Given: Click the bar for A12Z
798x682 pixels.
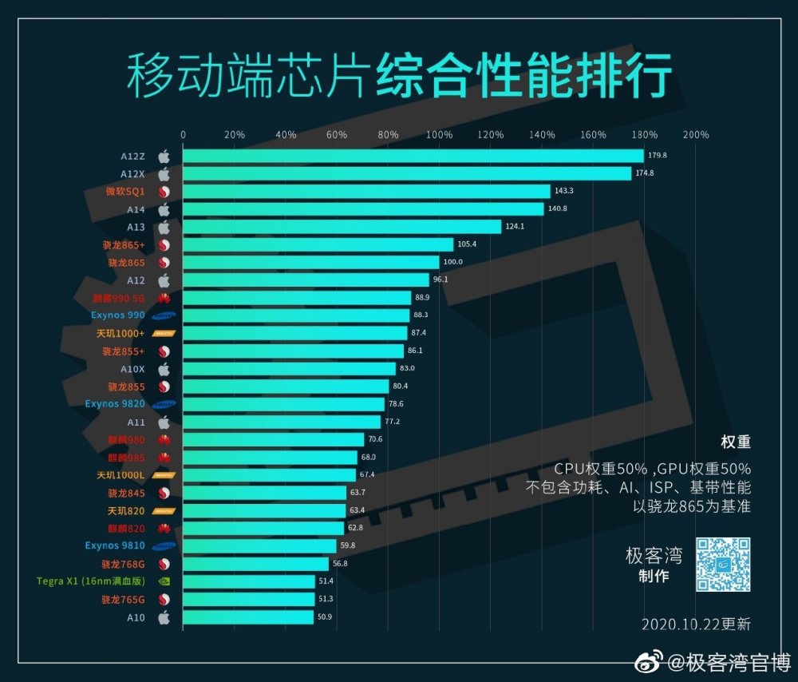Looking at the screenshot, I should pos(413,156).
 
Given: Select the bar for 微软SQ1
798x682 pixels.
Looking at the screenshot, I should pos(366,192).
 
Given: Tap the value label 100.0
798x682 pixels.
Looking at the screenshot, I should pos(452,262).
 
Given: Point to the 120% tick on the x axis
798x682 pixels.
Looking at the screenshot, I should pos(491,135).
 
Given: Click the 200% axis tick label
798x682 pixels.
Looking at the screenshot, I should pos(696,135).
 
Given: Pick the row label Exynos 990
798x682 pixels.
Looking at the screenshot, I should pos(118,315).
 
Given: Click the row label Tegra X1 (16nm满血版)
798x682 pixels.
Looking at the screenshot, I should pos(91,581).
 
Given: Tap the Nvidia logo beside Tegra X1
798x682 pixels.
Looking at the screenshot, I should pos(164,581).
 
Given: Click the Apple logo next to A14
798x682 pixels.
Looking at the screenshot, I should pos(164,209).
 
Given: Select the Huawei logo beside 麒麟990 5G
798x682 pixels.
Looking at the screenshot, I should pos(164,298).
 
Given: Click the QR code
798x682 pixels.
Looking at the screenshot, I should pos(723,564).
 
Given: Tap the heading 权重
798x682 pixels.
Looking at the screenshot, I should pos(735,442).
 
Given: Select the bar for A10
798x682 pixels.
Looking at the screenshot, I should pos(248,617).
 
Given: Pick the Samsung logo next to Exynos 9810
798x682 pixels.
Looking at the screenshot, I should pos(164,546).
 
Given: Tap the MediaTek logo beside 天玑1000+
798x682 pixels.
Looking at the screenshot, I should pos(164,333).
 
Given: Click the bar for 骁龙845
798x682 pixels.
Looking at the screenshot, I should pos(265,493).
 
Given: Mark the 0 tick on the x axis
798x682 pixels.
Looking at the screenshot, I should pos(184,135).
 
